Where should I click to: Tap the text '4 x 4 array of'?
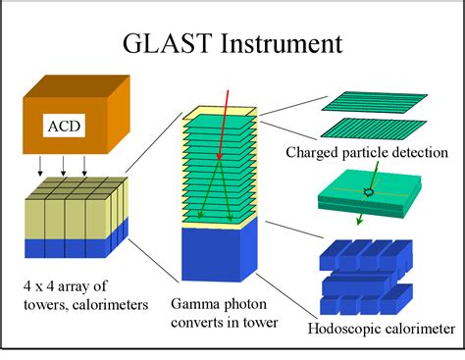point(67,287)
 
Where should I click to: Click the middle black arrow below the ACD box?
point(64,162)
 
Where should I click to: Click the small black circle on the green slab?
point(368,192)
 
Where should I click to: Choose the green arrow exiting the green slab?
point(361,213)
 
